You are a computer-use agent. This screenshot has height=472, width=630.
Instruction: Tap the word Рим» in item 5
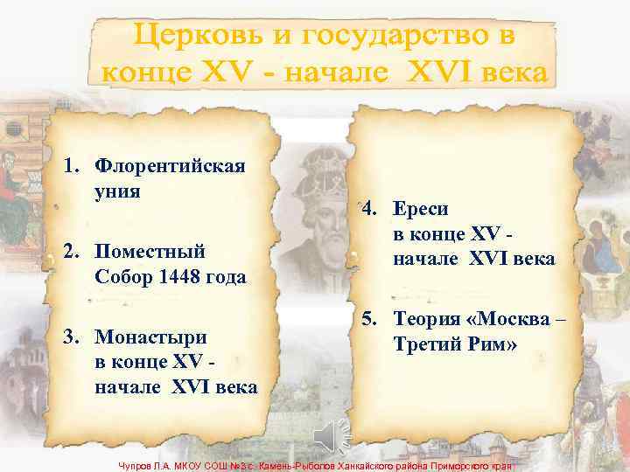[x=493, y=344]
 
